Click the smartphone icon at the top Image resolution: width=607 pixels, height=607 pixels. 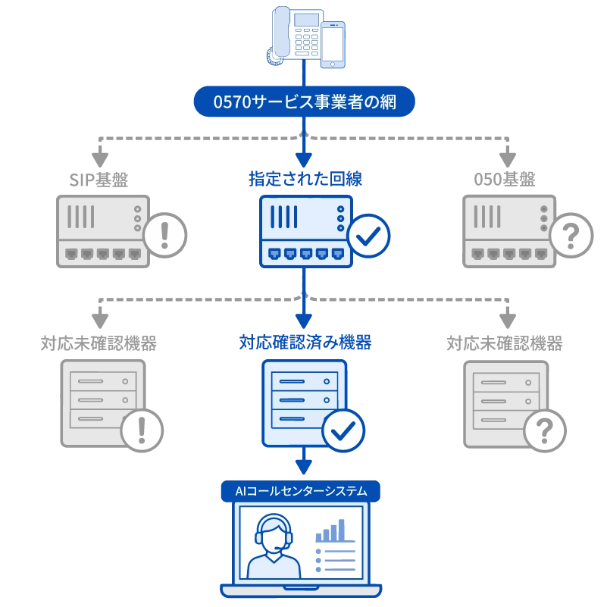pyautogui.click(x=333, y=45)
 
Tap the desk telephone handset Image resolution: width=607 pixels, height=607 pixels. pyautogui.click(x=281, y=32)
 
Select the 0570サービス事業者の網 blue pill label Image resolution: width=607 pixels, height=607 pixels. pyautogui.click(x=305, y=102)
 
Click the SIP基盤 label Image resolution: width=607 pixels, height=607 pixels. pyautogui.click(x=99, y=180)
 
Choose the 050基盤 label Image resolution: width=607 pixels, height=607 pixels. pyautogui.click(x=505, y=180)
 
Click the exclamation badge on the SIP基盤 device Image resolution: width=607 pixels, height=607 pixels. pyautogui.click(x=165, y=236)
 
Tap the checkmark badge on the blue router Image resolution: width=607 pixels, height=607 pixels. pyautogui.click(x=368, y=236)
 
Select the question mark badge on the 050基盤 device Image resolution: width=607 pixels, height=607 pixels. pyautogui.click(x=571, y=236)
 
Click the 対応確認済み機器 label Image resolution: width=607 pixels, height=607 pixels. pyautogui.click(x=305, y=343)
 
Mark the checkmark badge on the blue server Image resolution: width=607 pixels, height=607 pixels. pyautogui.click(x=343, y=430)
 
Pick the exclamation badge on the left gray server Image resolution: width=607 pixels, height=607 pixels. pyautogui.click(x=142, y=430)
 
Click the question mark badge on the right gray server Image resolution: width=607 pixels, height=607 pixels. pyautogui.click(x=545, y=430)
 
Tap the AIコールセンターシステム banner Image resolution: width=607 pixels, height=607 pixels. pyautogui.click(x=301, y=491)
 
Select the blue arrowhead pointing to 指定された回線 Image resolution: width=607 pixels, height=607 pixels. pyautogui.click(x=304, y=159)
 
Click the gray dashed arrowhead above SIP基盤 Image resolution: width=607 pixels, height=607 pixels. pyautogui.click(x=100, y=159)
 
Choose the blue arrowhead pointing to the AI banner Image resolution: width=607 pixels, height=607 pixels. pyautogui.click(x=304, y=467)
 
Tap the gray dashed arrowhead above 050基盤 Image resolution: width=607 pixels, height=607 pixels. pyautogui.click(x=508, y=159)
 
